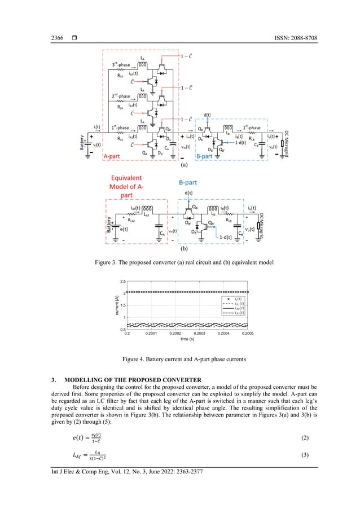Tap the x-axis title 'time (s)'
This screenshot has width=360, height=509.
(184, 339)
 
